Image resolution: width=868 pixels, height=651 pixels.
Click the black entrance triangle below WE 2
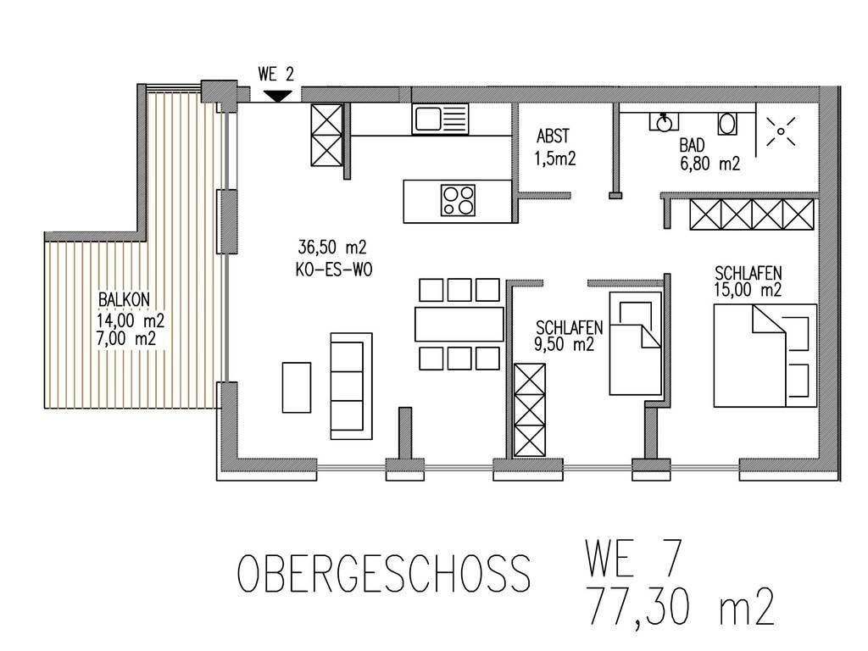277,96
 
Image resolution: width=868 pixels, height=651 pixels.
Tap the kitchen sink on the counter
441,119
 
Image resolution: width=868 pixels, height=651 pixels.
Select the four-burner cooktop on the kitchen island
459,200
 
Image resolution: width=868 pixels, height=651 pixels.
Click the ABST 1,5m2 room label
555,147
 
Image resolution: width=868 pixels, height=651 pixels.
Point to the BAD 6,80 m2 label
709,154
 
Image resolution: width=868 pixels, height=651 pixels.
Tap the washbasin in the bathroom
664,122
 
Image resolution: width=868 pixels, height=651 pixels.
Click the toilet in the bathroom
727,124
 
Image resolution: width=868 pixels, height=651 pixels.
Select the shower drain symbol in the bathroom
781,131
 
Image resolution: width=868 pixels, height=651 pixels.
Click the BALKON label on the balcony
124,299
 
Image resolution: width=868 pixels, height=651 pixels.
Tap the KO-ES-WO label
334,270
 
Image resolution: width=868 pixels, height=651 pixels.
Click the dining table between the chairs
459,324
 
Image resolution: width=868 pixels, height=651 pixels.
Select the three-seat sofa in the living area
352,386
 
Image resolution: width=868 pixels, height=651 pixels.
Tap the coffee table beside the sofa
297,387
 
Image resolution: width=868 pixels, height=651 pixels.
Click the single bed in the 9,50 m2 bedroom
636,343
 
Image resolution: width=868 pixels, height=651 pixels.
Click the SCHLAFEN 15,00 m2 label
748,281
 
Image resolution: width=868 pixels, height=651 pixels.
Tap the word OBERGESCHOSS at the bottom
384,574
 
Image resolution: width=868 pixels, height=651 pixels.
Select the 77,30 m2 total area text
680,607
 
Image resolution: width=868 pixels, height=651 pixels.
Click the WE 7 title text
632,559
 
